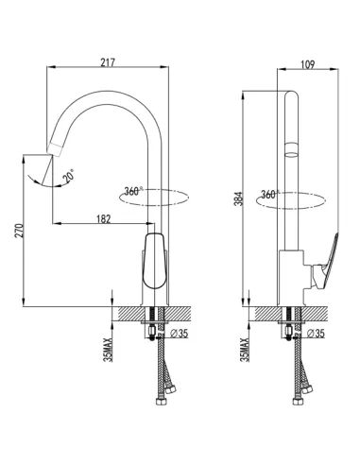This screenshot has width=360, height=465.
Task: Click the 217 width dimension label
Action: [x=108, y=62]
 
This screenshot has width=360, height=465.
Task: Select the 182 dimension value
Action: [x=103, y=219]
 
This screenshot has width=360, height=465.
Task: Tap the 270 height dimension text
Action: [x=19, y=231]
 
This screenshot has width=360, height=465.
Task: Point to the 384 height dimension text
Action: [x=240, y=198]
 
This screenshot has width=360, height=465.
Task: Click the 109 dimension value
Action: [x=307, y=64]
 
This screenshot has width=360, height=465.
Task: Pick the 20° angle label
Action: [x=69, y=176]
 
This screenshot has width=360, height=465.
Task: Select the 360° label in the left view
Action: [x=133, y=191]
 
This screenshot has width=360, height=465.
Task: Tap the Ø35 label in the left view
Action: [x=179, y=334]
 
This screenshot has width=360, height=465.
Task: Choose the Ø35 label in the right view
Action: [x=316, y=334]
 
